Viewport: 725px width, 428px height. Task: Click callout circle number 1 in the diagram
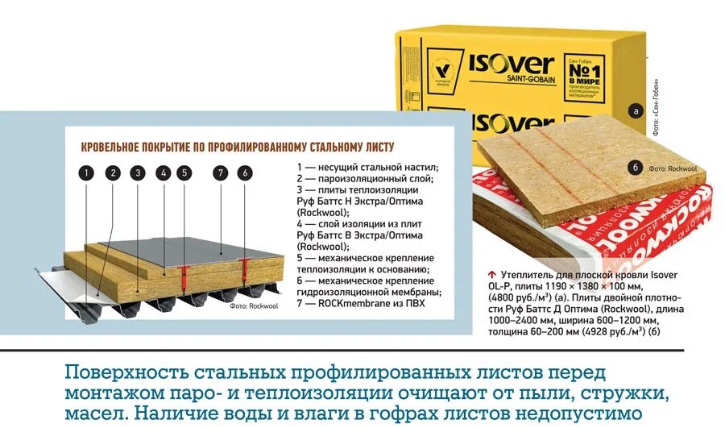point(88,172)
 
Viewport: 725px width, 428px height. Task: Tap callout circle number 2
point(113,172)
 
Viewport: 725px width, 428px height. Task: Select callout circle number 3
point(138,172)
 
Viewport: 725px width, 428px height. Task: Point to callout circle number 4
point(164,172)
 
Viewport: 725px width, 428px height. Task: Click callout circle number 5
point(184,172)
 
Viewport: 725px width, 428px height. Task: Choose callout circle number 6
point(244,172)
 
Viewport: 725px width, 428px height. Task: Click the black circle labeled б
point(635,168)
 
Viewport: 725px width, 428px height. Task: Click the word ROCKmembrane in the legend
point(338,303)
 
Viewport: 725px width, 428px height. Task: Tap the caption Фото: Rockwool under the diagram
point(255,306)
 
